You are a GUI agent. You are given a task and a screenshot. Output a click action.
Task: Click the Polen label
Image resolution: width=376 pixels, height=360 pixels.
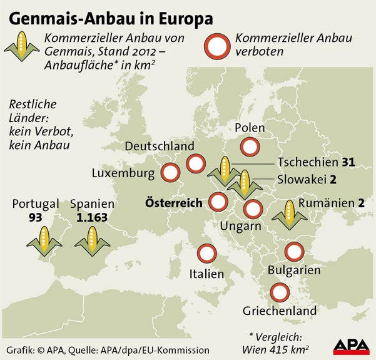pos(250,128)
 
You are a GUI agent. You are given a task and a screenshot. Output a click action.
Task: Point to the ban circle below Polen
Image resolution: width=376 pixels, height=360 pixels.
pos(250,148)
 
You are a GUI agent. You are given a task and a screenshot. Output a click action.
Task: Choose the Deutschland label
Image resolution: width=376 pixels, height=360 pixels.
pos(160,146)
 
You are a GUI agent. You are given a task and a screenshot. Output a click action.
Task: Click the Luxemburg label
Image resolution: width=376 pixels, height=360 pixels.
pos(123,172)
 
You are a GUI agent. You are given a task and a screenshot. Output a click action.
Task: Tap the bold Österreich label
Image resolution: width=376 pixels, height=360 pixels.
pos(174,203)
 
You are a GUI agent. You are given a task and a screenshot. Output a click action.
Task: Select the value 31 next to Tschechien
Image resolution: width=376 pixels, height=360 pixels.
pos(348,162)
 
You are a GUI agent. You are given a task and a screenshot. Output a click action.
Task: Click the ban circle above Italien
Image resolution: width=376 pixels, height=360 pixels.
pos(206,254)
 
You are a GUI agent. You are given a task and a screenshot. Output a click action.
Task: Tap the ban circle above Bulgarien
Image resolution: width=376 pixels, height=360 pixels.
pos(293,252)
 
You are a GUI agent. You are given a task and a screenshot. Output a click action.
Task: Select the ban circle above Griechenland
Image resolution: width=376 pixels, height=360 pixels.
pos(278,292)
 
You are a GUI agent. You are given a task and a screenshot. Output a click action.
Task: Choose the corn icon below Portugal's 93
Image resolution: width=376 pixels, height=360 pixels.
pos(43,240)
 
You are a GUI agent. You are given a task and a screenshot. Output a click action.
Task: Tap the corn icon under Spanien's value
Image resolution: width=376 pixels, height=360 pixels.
pos(92,240)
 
